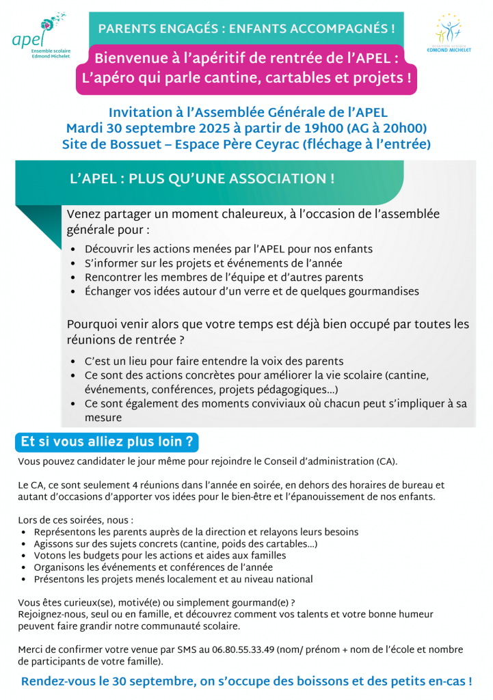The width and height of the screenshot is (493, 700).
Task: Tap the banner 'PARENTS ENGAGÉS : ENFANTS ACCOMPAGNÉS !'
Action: pyautogui.click(x=246, y=28)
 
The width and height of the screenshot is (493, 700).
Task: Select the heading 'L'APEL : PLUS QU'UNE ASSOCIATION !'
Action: pyautogui.click(x=202, y=179)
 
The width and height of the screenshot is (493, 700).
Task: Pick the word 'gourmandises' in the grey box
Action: pyautogui.click(x=382, y=292)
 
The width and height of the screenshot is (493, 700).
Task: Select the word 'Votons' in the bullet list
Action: pyautogui.click(x=50, y=556)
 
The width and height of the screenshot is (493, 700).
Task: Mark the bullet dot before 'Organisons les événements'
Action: pyautogui.click(x=25, y=568)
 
